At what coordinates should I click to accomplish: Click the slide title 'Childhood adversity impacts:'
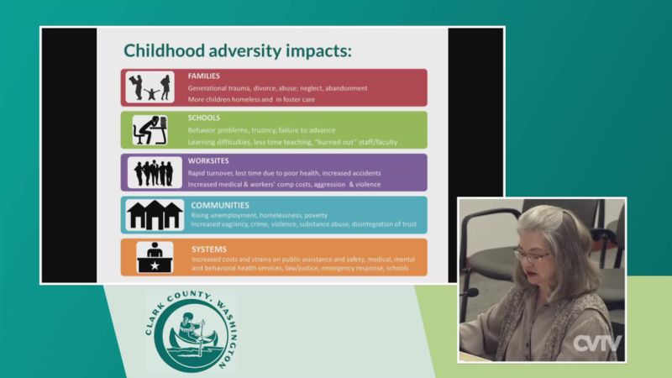point(238,50)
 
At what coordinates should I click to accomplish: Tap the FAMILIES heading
point(203,76)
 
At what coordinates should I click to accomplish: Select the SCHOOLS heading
point(203,118)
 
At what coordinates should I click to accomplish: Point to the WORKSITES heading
point(208,160)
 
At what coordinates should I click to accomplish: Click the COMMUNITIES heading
point(220,205)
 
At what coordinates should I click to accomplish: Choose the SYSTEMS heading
point(209,249)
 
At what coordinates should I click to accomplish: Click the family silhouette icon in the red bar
point(150,87)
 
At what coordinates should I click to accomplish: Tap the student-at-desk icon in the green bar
point(150,130)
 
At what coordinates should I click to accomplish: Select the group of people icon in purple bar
point(155,172)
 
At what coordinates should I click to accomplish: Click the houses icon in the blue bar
point(155,215)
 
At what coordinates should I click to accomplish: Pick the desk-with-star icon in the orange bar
point(155,257)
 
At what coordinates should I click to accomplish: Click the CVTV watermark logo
point(597,343)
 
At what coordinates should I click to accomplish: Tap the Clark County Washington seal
point(192,330)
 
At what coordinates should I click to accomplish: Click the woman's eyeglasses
point(531,256)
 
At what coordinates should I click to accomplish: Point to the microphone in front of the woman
point(470,293)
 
